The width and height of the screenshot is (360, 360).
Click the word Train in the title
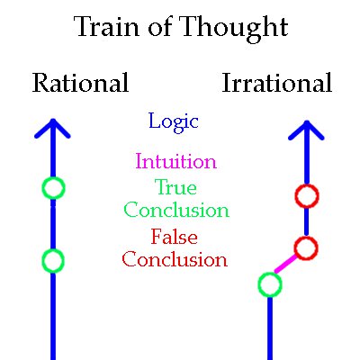(106, 26)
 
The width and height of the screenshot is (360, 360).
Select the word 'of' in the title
(160, 26)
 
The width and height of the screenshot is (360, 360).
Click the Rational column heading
(81, 83)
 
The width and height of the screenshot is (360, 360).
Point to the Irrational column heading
(277, 83)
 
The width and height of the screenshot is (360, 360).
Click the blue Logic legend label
(174, 122)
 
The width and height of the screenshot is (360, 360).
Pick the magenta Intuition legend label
(176, 161)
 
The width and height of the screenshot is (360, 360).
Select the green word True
(175, 186)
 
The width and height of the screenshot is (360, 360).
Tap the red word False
(174, 237)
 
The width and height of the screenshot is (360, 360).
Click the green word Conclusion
(176, 210)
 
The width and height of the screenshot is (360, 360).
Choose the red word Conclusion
(175, 259)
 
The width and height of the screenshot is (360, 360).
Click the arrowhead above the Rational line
(52, 129)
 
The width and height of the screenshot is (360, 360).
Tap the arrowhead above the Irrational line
(306, 130)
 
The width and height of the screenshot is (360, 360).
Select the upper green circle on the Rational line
(53, 177)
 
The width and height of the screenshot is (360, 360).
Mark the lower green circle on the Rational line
(53, 249)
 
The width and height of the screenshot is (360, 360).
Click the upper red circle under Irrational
(307, 185)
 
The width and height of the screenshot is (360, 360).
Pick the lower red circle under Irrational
(306, 237)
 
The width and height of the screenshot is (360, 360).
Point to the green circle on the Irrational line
(270, 274)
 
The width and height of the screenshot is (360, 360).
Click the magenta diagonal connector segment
(285, 264)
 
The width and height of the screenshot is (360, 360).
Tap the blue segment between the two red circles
(306, 221)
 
